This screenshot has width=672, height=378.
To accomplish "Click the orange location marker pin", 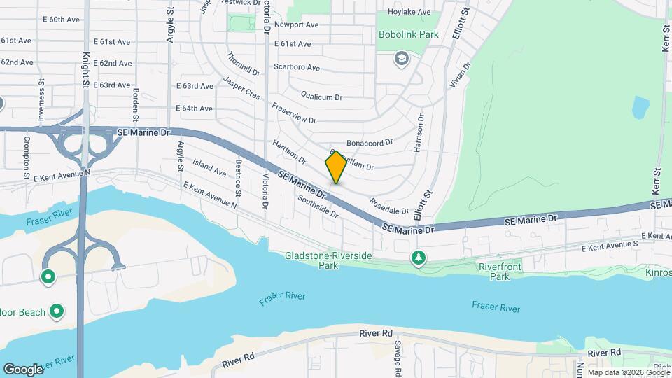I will click(336, 167).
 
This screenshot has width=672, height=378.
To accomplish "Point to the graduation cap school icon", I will click(401, 57).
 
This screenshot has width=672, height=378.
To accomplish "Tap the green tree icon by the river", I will click(419, 258).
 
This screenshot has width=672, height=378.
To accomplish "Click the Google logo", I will click(23, 369).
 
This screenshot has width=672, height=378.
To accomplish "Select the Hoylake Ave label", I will click(409, 12).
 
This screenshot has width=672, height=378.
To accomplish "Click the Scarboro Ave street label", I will click(297, 68).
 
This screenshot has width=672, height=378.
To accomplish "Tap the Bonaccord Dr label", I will click(370, 142).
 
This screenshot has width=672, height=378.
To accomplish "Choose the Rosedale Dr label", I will click(389, 209).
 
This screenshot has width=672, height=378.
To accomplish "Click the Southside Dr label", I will click(318, 206).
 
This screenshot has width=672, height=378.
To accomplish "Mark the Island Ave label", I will click(210, 169).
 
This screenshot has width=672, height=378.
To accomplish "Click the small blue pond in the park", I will click(640, 108).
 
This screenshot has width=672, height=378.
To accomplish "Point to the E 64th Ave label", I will click(194, 108).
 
